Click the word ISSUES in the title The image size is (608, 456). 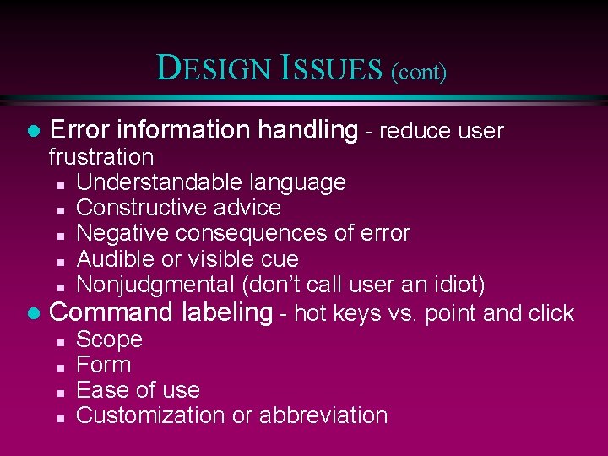[334, 68]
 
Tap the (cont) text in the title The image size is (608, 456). [418, 72]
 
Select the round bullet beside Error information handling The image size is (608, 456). [33, 132]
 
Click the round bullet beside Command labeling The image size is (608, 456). [33, 314]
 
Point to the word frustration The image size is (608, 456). [101, 157]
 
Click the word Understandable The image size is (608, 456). [149, 182]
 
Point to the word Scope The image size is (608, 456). [109, 340]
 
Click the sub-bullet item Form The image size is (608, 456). [103, 365]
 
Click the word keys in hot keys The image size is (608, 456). [358, 314]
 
